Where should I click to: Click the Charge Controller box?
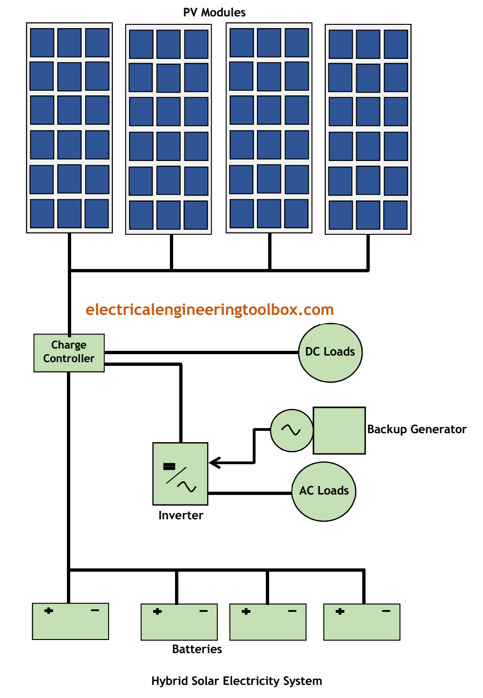tap(69, 353)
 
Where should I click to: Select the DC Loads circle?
tap(330, 353)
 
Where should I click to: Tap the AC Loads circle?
tap(324, 491)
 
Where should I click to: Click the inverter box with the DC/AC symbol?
tap(180, 473)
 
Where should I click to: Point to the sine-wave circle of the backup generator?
tap(292, 430)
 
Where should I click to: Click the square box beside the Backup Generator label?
tap(339, 430)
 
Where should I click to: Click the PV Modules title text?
tap(214, 13)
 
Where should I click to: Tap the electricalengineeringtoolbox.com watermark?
tap(209, 310)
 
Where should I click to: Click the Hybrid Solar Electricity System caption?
tap(236, 681)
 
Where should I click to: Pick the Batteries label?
tap(197, 649)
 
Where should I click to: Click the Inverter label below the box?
tap(181, 515)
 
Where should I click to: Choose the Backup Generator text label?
tap(417, 429)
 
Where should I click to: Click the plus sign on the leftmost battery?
tap(49, 611)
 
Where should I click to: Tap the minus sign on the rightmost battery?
tap(386, 611)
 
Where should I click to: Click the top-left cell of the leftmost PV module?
tap(42, 43)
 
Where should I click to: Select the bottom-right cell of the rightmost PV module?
tap(395, 215)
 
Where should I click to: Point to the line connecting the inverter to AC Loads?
tap(250, 493)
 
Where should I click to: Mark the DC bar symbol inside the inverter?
tap(169, 466)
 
